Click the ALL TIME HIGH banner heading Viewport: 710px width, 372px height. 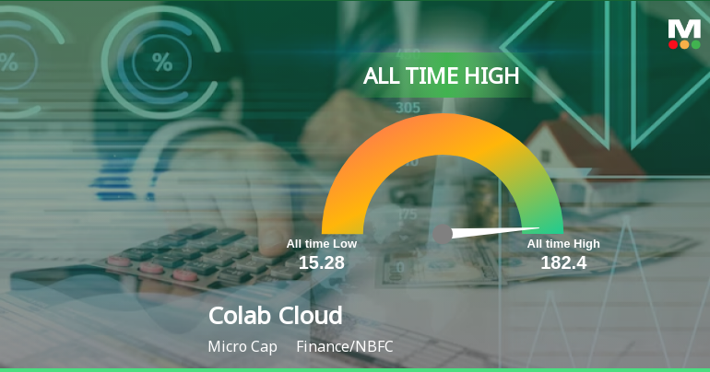point(441,76)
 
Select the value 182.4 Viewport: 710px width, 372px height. point(563,263)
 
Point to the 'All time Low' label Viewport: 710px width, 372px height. point(321,244)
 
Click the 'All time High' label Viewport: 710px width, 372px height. point(563,244)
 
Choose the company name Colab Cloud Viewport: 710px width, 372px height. point(276,316)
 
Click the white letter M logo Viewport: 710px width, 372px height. point(683,29)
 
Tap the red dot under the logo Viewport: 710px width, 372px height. point(673,44)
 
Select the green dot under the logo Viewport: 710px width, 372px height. point(694,44)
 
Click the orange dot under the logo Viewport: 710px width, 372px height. point(683,44)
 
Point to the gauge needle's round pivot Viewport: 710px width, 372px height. point(443,234)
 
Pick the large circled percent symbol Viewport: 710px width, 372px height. point(163,63)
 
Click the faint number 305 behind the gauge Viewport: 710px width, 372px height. point(407,108)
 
